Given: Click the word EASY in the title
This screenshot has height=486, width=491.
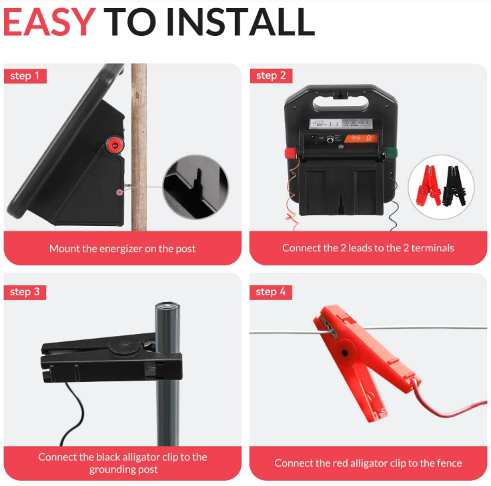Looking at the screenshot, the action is pyautogui.click(x=49, y=22).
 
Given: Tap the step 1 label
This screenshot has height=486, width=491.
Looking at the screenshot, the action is pyautogui.click(x=25, y=76).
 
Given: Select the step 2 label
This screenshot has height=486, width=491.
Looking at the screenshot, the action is pyautogui.click(x=271, y=76).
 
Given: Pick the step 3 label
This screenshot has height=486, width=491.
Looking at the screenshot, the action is pyautogui.click(x=25, y=292).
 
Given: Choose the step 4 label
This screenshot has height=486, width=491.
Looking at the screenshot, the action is pyautogui.click(x=271, y=292).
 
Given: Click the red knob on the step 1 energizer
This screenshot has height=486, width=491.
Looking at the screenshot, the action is pyautogui.click(x=115, y=145).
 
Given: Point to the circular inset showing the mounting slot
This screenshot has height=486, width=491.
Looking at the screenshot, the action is pyautogui.click(x=195, y=187).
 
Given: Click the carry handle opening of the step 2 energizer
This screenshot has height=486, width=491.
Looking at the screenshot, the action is pyautogui.click(x=341, y=103).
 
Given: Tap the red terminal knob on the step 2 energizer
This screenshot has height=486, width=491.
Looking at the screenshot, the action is pyautogui.click(x=291, y=153).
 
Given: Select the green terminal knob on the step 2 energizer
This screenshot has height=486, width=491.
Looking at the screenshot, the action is pyautogui.click(x=392, y=153).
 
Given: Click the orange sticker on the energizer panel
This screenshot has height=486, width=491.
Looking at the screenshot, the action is pyautogui.click(x=361, y=138).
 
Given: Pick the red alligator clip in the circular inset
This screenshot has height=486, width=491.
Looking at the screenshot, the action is pyautogui.click(x=428, y=186).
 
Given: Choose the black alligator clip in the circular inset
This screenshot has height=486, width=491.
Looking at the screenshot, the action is pyautogui.click(x=454, y=186).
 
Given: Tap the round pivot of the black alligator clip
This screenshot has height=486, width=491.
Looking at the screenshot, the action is pyautogui.click(x=125, y=345).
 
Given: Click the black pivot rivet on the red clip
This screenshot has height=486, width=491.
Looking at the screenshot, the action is pyautogui.click(x=345, y=353).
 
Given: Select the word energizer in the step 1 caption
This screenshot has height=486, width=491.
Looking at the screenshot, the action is pyautogui.click(x=121, y=249).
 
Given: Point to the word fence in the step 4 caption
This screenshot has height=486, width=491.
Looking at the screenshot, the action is pyautogui.click(x=450, y=463).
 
